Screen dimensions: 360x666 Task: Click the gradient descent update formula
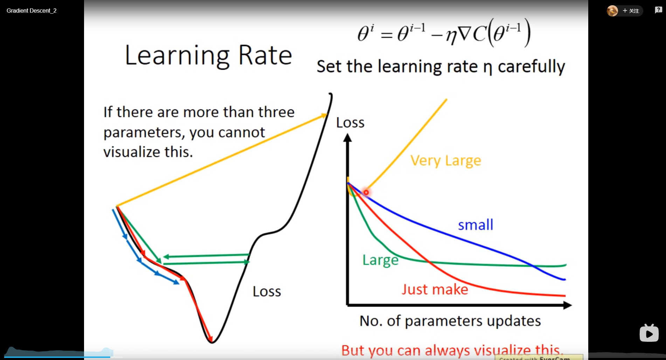click(x=444, y=34)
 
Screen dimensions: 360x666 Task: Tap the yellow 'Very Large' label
click(x=446, y=161)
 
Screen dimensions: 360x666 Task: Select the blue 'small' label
click(x=476, y=225)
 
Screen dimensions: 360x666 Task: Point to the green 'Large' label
click(x=380, y=260)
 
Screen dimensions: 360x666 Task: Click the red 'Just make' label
click(x=435, y=290)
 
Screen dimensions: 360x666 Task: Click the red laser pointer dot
click(x=366, y=192)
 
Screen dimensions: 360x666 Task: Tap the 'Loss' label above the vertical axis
click(x=350, y=123)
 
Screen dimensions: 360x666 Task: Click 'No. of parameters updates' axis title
click(x=450, y=321)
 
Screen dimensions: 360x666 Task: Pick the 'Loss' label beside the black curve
click(x=267, y=291)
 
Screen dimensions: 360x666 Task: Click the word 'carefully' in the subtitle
click(x=531, y=67)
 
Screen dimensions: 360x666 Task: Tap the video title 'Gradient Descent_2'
click(x=32, y=11)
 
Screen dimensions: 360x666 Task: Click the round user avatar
click(x=612, y=11)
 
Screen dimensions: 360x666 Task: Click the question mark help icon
click(x=658, y=10)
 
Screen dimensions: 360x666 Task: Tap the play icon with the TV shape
click(x=649, y=333)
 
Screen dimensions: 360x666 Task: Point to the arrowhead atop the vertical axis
click(x=347, y=138)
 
